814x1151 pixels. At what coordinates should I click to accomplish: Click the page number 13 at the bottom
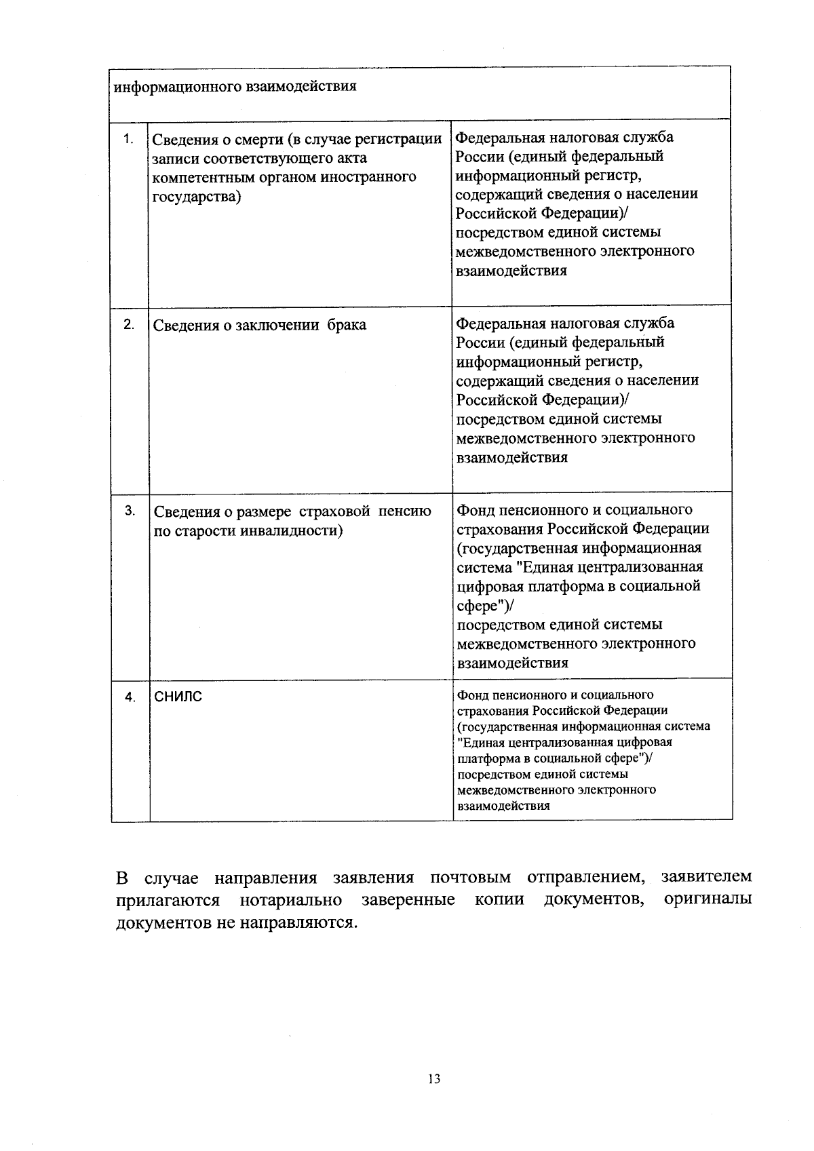click(x=434, y=1078)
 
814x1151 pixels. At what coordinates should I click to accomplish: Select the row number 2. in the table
click(x=128, y=324)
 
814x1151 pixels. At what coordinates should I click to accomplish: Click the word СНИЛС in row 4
click(x=178, y=697)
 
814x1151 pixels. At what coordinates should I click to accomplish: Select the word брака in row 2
click(x=347, y=325)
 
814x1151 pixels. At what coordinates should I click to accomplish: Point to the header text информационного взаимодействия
click(x=235, y=87)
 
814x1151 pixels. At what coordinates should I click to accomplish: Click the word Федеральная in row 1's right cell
click(x=499, y=138)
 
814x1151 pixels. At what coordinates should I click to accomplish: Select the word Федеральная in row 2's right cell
click(x=499, y=323)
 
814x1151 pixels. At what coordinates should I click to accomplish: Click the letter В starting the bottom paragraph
click(x=122, y=878)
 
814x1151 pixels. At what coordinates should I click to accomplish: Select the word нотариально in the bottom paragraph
click(x=291, y=900)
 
